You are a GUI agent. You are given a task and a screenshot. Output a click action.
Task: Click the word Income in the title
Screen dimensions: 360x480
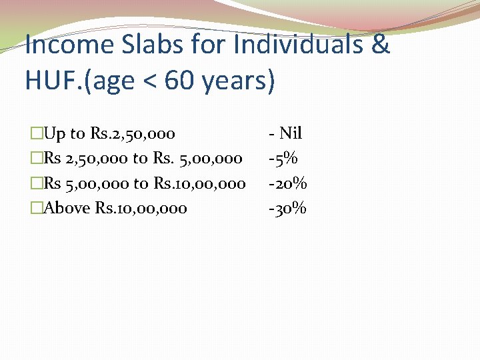pos(69,45)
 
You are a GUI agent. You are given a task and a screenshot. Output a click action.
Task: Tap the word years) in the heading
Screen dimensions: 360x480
pos(238,81)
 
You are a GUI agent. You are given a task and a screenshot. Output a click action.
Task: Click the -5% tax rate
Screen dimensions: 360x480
pos(283,158)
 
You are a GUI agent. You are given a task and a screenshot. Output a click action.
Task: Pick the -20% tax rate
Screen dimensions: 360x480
pos(287,183)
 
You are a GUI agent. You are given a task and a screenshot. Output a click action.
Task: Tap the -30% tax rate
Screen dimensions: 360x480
pos(287,208)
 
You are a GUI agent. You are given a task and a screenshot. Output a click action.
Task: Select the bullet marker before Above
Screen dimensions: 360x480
pos(37,208)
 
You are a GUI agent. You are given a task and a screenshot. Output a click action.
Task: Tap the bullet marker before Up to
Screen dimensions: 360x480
pos(37,133)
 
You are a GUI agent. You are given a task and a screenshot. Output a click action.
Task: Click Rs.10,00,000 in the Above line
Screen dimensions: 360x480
pos(141,208)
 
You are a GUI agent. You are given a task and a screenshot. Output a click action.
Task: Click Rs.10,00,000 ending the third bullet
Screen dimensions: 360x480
pos(200,183)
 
